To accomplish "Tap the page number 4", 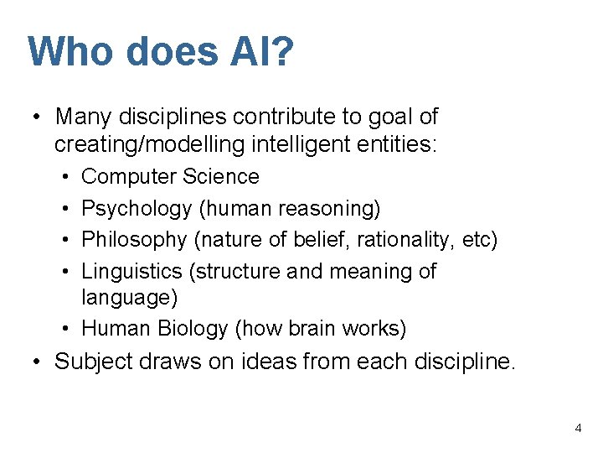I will (x=578, y=428).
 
